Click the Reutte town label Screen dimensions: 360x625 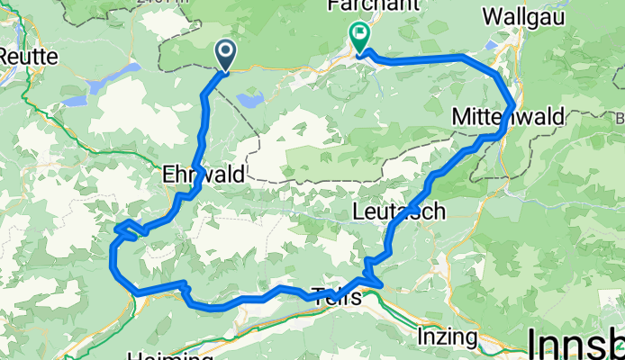tap(28, 56)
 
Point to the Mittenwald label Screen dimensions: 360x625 tap(508, 117)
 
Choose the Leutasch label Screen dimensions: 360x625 tap(397, 212)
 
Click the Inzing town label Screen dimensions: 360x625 tap(448, 337)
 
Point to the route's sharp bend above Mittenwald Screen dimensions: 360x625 tap(513, 101)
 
